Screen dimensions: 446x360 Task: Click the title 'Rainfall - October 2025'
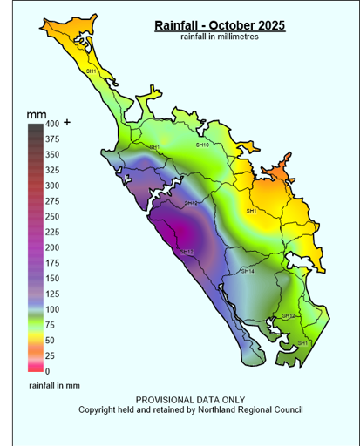pos(219,25)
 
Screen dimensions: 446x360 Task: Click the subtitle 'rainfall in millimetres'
pos(219,36)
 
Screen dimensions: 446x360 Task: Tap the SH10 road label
pos(202,145)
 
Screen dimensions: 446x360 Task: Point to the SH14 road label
pos(247,271)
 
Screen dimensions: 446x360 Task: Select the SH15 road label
pos(189,203)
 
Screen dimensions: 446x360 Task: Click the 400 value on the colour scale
pos(53,124)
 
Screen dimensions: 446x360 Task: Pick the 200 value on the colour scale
pos(53,247)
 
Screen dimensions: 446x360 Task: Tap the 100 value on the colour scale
pos(53,309)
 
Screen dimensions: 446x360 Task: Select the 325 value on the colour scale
pos(53,170)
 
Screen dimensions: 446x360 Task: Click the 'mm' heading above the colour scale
pos(36,114)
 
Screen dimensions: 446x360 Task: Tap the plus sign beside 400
pos(67,123)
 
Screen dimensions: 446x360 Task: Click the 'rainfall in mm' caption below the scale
pos(54,384)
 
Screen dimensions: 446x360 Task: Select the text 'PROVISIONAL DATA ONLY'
pos(191,399)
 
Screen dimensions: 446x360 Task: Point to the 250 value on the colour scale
pos(53,217)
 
